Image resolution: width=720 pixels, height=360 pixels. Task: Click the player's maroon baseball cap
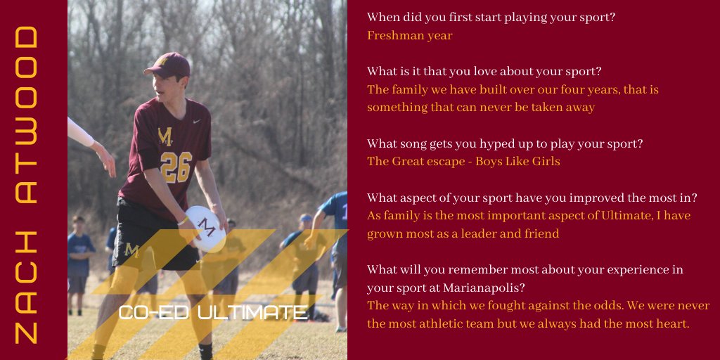coord(168,65)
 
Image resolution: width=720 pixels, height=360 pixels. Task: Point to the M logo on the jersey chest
coord(165,136)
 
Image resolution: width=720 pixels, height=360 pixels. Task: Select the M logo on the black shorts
coord(131,250)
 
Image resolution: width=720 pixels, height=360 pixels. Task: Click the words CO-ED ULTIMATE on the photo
coord(213,312)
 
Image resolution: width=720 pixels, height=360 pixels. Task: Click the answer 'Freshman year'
coord(409,35)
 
